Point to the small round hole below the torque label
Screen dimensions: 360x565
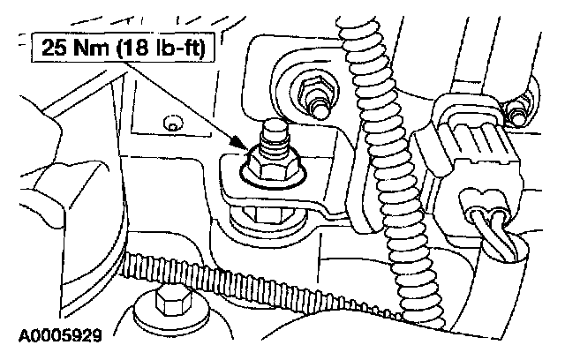174,126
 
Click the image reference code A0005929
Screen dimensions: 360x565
55,335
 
